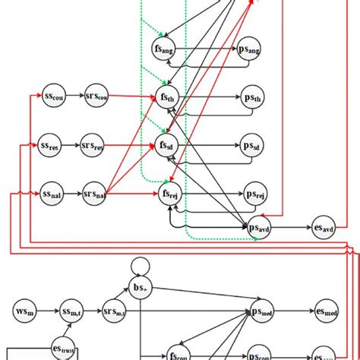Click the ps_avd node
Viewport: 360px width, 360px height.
tap(259, 226)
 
